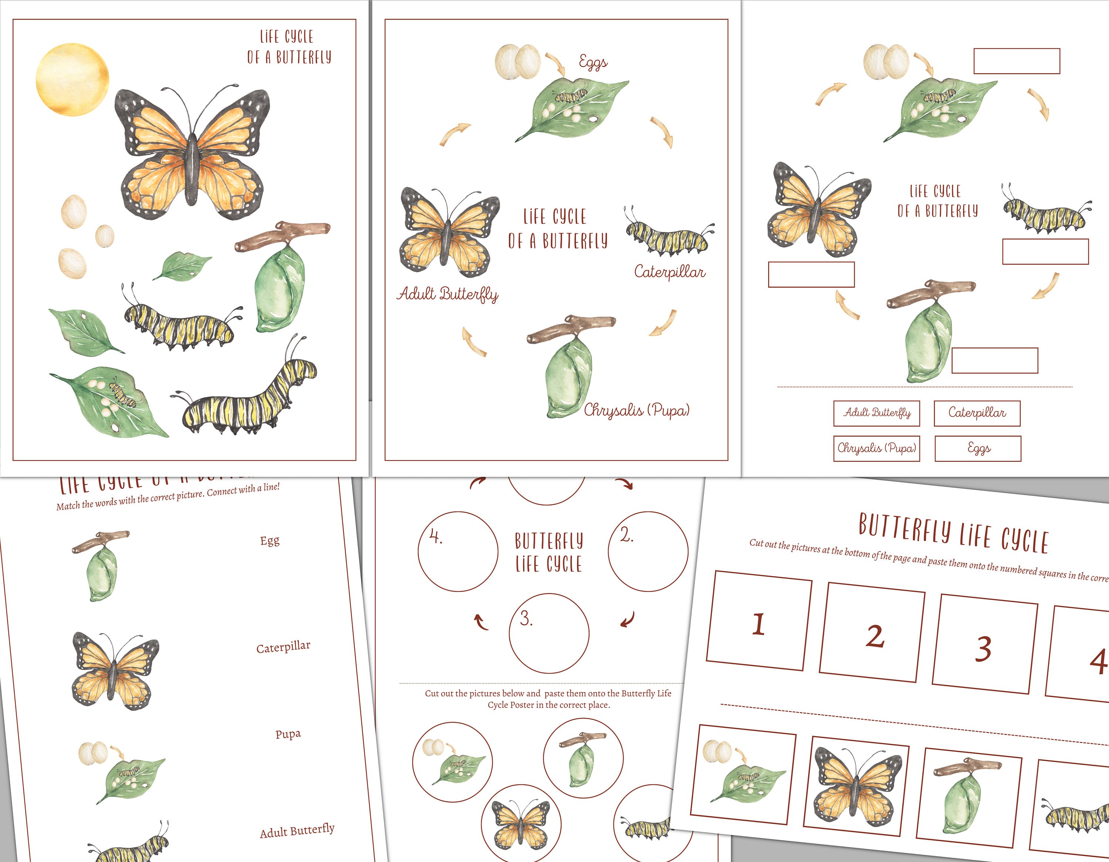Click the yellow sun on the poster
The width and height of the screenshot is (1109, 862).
click(x=72, y=80)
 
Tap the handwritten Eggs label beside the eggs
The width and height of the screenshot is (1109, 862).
click(x=593, y=62)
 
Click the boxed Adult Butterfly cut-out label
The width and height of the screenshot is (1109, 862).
click(x=876, y=413)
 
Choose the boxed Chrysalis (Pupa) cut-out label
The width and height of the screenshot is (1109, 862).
click(x=876, y=448)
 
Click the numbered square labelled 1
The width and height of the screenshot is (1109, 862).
click(x=759, y=620)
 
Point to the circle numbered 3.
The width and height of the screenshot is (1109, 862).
click(x=549, y=633)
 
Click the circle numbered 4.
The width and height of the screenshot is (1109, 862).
click(x=458, y=551)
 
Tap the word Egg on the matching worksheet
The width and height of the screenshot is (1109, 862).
click(x=269, y=541)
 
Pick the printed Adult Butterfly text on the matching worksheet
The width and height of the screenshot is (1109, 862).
click(x=297, y=831)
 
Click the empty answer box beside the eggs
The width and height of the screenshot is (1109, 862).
click(x=1016, y=61)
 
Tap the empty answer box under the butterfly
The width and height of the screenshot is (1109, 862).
click(x=811, y=275)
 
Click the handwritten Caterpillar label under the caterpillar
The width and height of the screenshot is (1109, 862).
click(x=669, y=272)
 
